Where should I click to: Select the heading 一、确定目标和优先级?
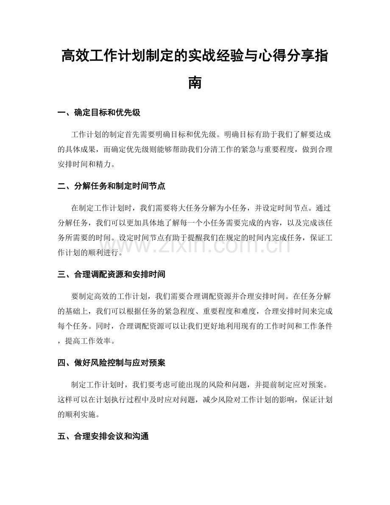tap(99, 113)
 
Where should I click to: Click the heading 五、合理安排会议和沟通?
tap(103, 436)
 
